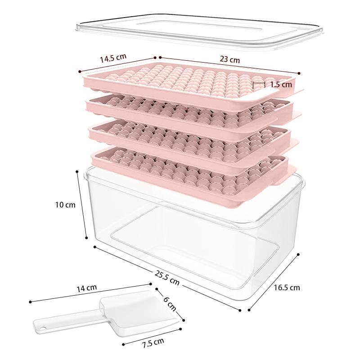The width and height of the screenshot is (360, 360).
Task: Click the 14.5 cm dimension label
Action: point(113,58)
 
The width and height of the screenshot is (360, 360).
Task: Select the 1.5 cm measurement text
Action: point(281,85)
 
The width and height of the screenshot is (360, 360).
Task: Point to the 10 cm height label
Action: point(65,205)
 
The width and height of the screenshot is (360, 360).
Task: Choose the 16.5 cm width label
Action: point(287,288)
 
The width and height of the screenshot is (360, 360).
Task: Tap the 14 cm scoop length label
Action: point(86,288)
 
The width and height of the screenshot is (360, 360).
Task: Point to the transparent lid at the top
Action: point(199,31)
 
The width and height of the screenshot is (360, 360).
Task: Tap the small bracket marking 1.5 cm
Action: point(259,85)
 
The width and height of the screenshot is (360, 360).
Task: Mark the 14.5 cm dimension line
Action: point(117,64)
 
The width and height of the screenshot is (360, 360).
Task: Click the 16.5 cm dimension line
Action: point(274,282)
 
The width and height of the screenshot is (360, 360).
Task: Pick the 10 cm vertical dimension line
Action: point(82,205)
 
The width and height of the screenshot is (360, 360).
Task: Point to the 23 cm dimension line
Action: point(229,65)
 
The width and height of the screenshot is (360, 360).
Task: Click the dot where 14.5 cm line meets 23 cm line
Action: point(155,58)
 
